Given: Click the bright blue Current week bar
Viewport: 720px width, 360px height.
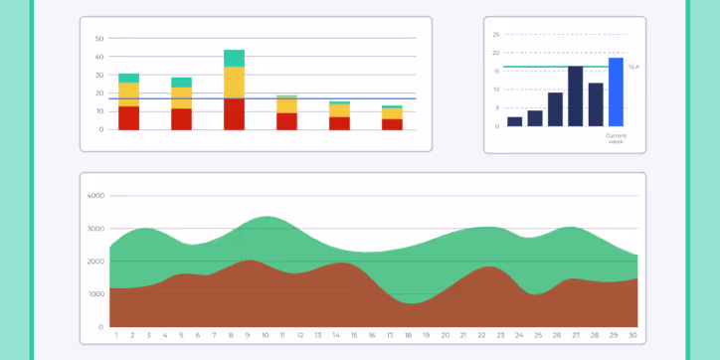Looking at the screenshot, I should pyautogui.click(x=616, y=91).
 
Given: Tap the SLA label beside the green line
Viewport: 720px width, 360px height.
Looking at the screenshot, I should pyautogui.click(x=633, y=67).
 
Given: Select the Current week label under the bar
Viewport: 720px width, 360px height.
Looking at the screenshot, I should pyautogui.click(x=616, y=140).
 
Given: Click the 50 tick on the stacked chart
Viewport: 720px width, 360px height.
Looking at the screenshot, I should pyautogui.click(x=99, y=39).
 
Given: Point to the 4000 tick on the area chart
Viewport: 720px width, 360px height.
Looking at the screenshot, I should pyautogui.click(x=95, y=196).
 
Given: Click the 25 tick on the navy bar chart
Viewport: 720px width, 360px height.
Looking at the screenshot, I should pyautogui.click(x=495, y=34).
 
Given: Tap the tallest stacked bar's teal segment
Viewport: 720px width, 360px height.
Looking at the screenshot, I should pyautogui.click(x=234, y=58).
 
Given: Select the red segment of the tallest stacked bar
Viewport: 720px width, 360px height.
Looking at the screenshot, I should pyautogui.click(x=234, y=113).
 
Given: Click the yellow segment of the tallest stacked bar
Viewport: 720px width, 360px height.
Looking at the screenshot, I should pyautogui.click(x=234, y=82).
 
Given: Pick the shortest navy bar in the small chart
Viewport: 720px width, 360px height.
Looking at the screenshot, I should pyautogui.click(x=514, y=121).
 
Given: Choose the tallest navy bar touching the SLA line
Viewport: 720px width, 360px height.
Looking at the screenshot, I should pyautogui.click(x=575, y=95).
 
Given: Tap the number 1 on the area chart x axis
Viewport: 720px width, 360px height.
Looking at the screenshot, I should pyautogui.click(x=116, y=336).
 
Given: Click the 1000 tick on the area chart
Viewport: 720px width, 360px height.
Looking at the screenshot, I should pyautogui.click(x=95, y=294).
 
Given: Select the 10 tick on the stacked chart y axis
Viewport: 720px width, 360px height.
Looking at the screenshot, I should pyautogui.click(x=99, y=111).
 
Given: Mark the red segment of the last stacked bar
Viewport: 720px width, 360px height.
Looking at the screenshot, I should pyautogui.click(x=392, y=124).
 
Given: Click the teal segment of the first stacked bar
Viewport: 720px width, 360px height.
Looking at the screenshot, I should pyautogui.click(x=128, y=78).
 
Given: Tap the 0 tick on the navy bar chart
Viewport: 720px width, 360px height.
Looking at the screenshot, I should pyautogui.click(x=496, y=126).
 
